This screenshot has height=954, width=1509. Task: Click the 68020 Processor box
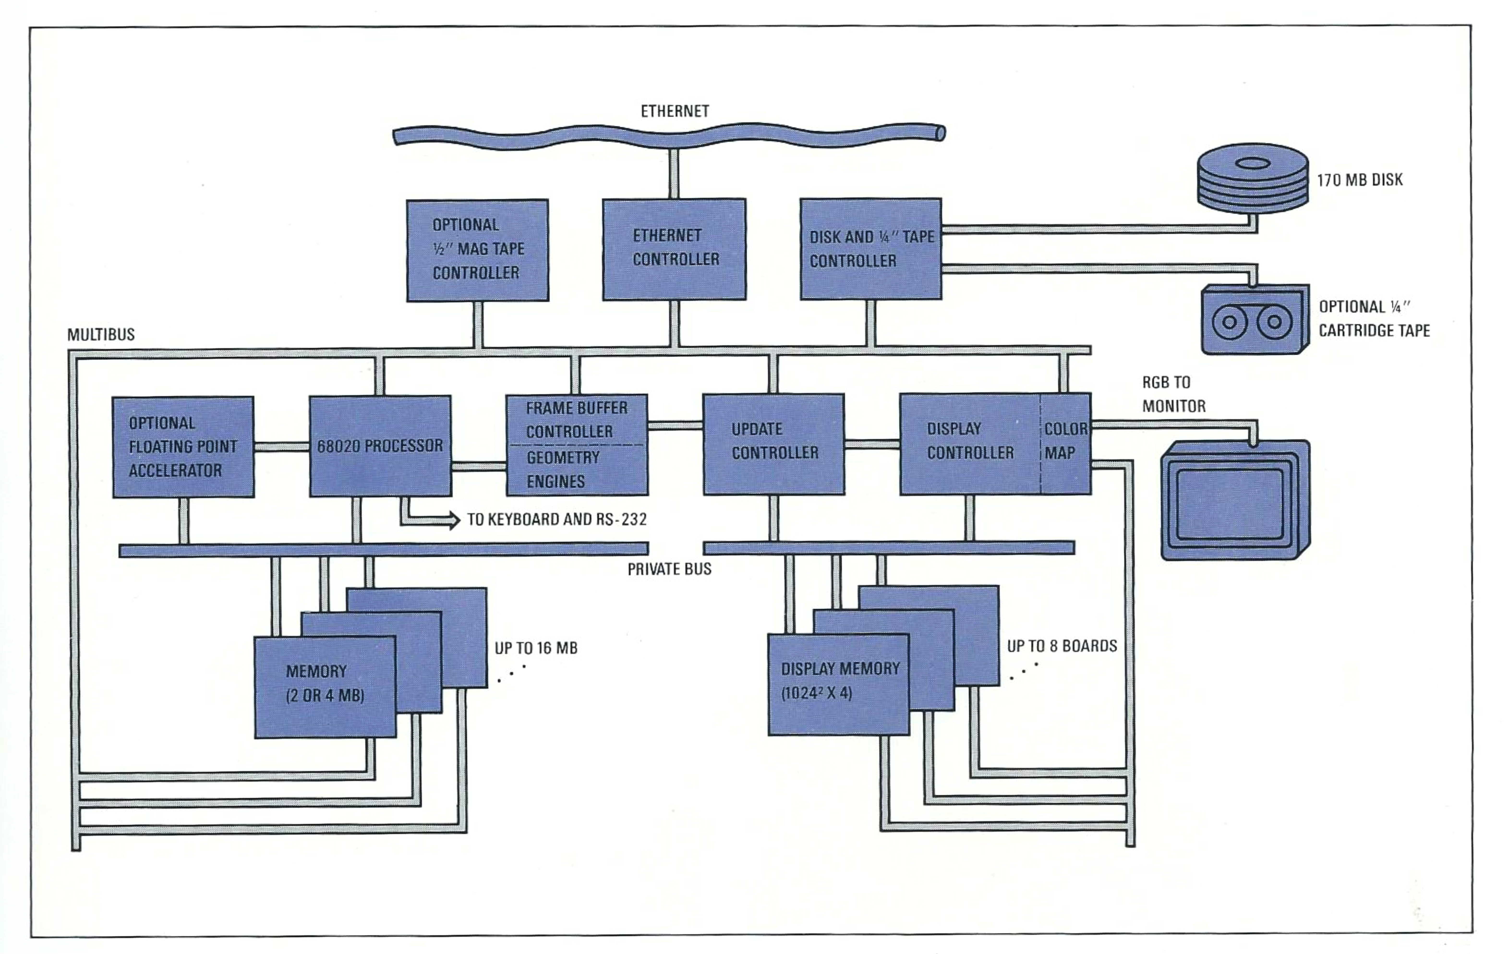380,446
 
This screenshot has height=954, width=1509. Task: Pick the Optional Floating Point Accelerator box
183,447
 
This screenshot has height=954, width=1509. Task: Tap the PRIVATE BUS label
669,569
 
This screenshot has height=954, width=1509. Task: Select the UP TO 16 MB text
536,648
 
